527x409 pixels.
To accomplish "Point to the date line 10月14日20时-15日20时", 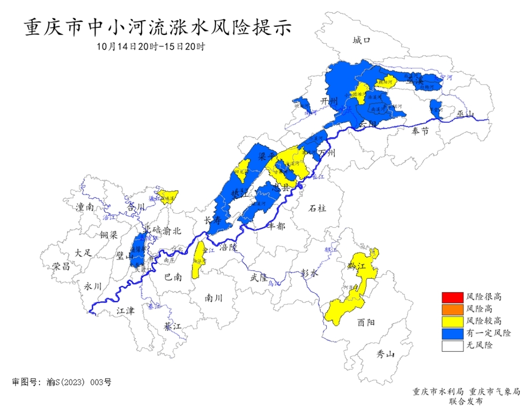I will tap(150, 46).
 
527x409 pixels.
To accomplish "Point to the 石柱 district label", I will tap(317, 208).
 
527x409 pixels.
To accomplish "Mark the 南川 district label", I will tap(214, 297).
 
